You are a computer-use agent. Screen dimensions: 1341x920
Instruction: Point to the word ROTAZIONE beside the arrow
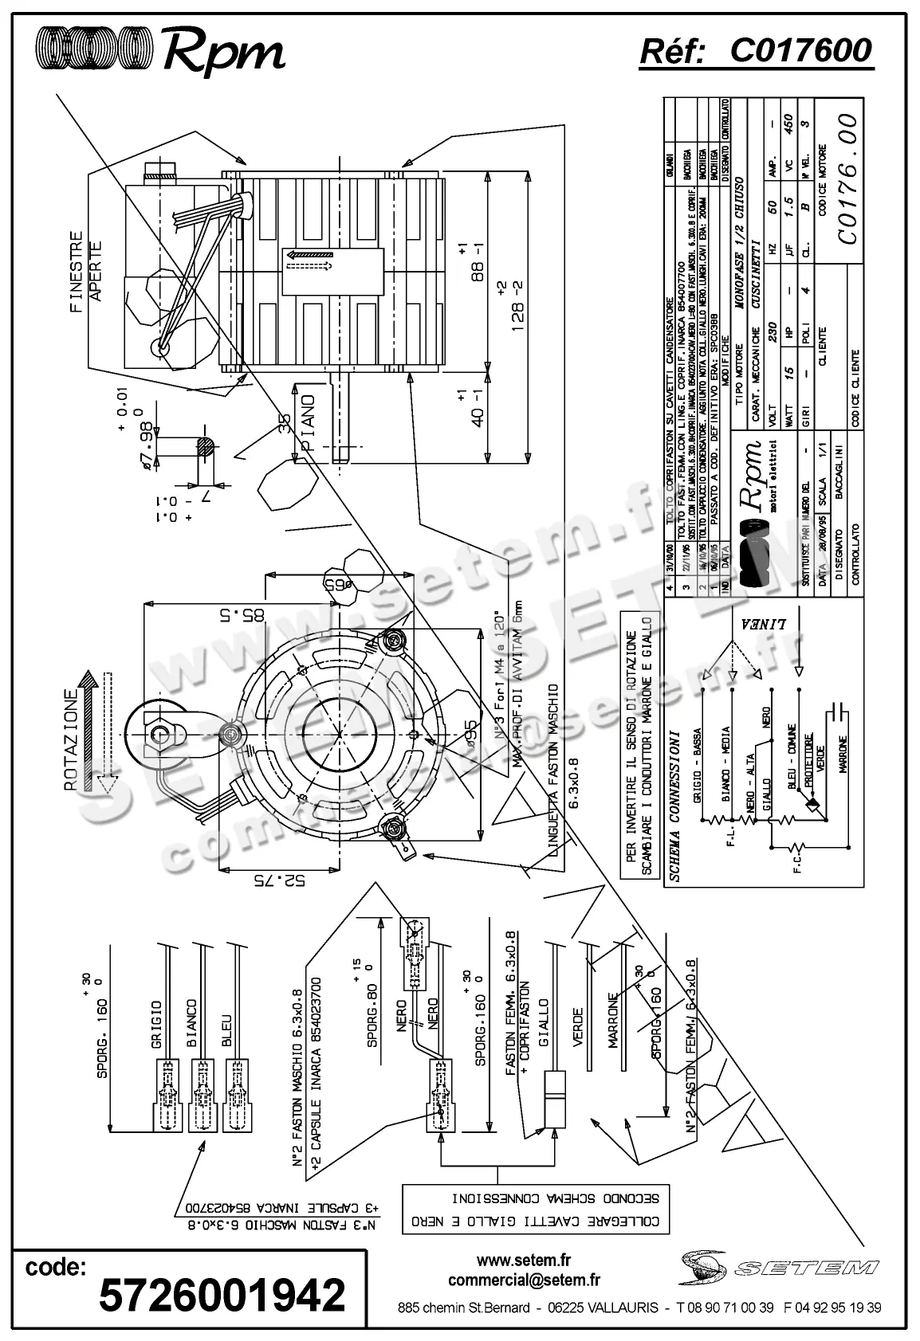pos(71,740)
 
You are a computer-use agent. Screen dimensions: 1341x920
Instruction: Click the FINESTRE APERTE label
pos(86,272)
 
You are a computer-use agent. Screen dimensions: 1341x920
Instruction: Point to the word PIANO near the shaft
pos(309,422)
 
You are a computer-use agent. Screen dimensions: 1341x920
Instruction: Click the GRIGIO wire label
pos(156,1025)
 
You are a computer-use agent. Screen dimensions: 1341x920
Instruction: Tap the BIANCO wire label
pos(191,1024)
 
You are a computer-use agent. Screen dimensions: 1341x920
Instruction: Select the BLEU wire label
pos(226,1030)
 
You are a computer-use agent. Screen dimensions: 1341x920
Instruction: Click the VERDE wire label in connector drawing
pos(578,1029)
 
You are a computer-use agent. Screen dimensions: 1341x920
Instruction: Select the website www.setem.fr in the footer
pos(524,1261)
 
